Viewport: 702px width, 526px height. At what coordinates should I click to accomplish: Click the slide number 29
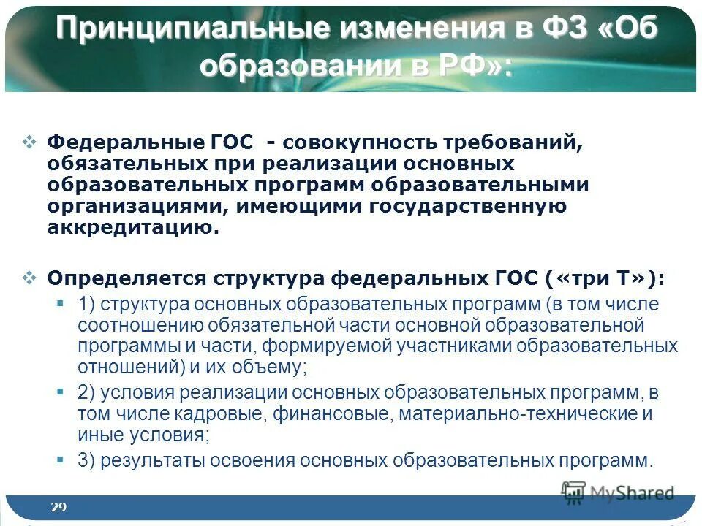point(58,507)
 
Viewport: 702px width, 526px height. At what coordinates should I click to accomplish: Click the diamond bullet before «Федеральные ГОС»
point(29,141)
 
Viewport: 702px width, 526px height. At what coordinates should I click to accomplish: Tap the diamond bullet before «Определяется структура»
point(29,278)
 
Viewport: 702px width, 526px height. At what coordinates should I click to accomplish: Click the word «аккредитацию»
point(132,228)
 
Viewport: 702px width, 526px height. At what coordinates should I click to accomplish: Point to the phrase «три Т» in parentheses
point(600,278)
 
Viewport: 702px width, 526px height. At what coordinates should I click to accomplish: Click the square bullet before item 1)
point(61,302)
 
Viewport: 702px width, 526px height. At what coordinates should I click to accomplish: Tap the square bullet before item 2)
point(61,392)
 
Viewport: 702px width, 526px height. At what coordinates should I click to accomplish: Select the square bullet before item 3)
point(61,459)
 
